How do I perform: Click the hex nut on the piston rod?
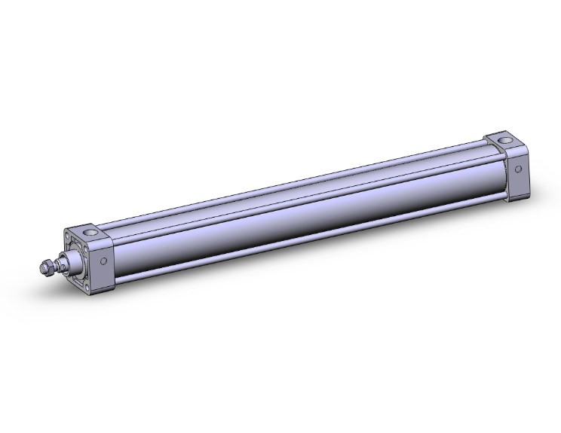49,267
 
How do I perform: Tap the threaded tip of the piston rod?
41,269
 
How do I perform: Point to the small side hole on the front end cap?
103,261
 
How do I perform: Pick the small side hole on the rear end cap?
519,169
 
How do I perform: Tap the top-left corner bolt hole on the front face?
73,240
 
